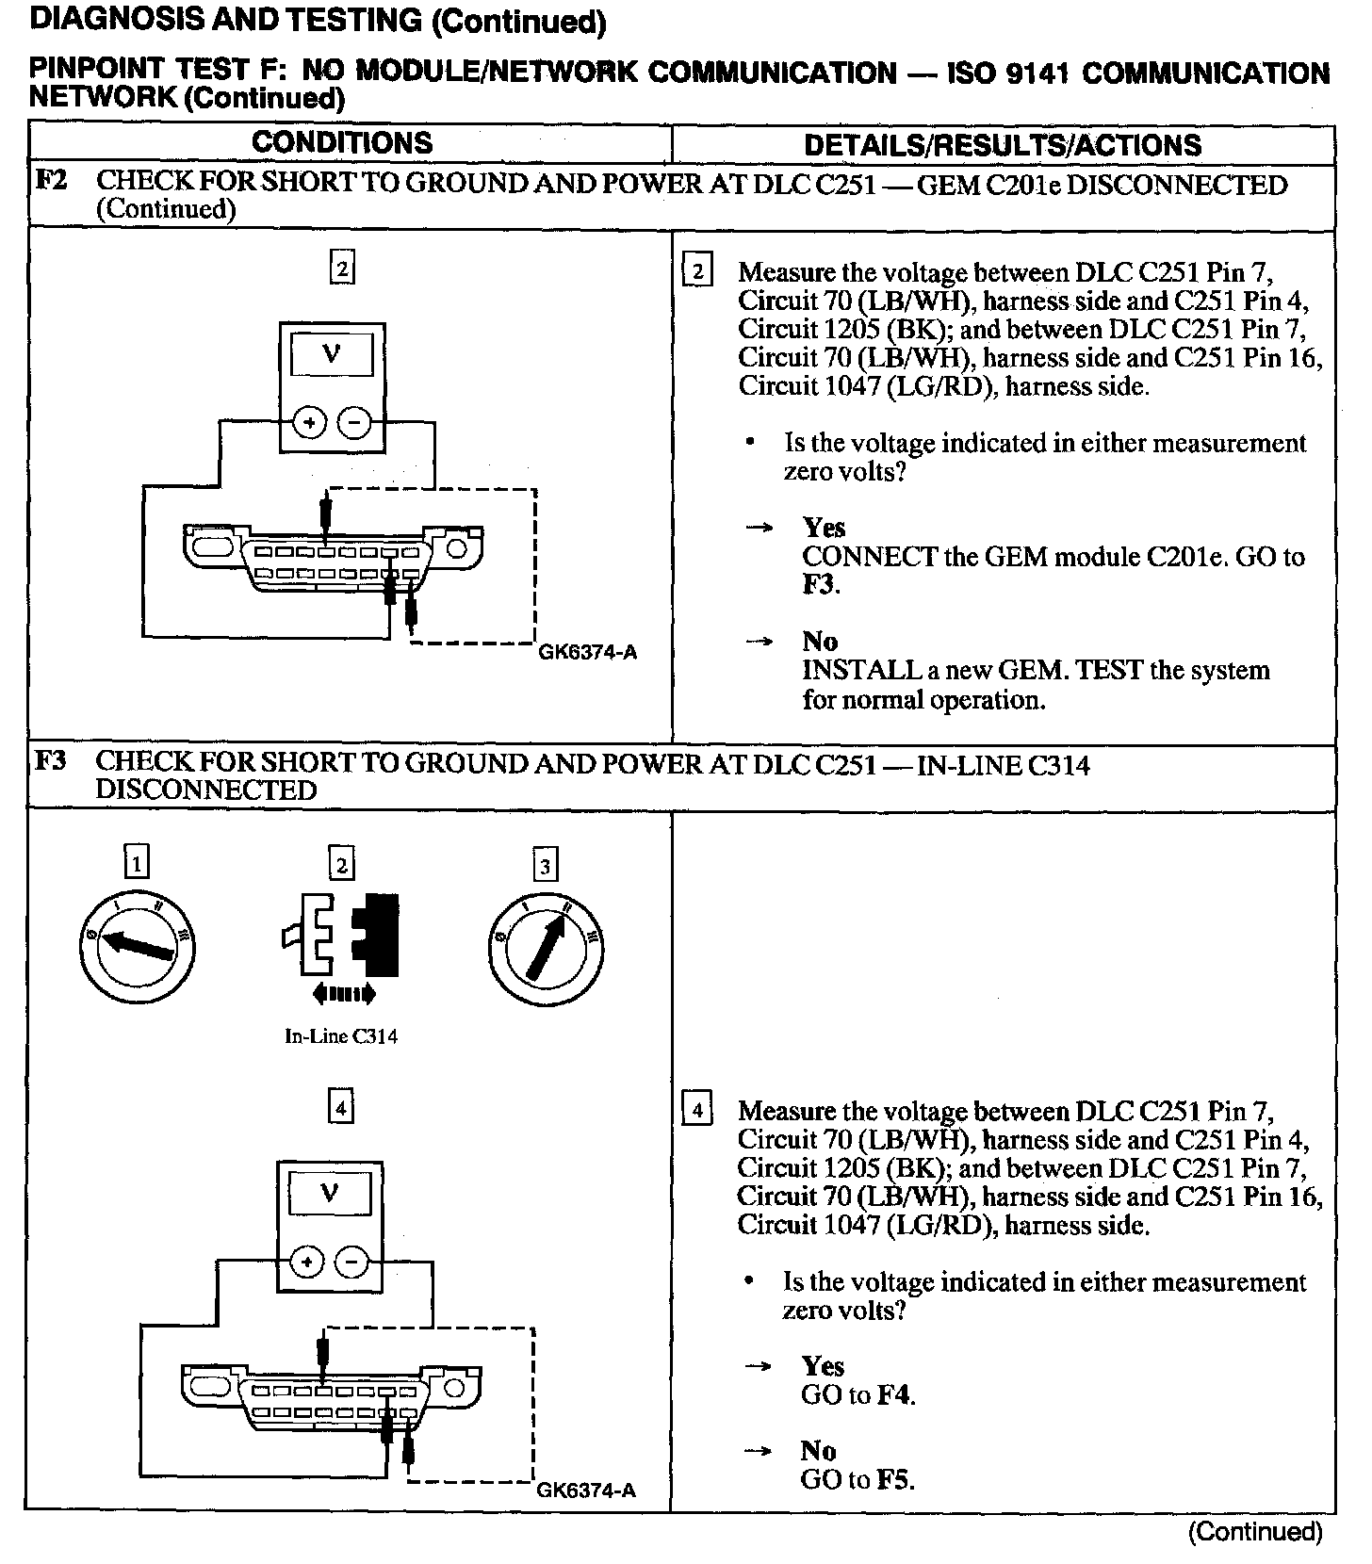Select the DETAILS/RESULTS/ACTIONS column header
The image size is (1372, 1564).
(1003, 145)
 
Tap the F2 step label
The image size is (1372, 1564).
(51, 180)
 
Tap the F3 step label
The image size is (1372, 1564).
(51, 760)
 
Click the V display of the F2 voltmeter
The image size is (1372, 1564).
(331, 355)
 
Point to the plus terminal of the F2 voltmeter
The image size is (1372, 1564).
(308, 424)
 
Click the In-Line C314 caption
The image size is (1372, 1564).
(341, 1036)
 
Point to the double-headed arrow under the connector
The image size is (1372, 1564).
(343, 992)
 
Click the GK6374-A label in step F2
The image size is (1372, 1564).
(587, 652)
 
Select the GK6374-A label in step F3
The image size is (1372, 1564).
(586, 1490)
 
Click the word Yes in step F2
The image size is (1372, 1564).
(824, 528)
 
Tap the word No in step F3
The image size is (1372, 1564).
(818, 1450)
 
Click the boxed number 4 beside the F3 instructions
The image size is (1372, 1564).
(697, 1110)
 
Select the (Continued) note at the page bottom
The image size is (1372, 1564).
(1255, 1532)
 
